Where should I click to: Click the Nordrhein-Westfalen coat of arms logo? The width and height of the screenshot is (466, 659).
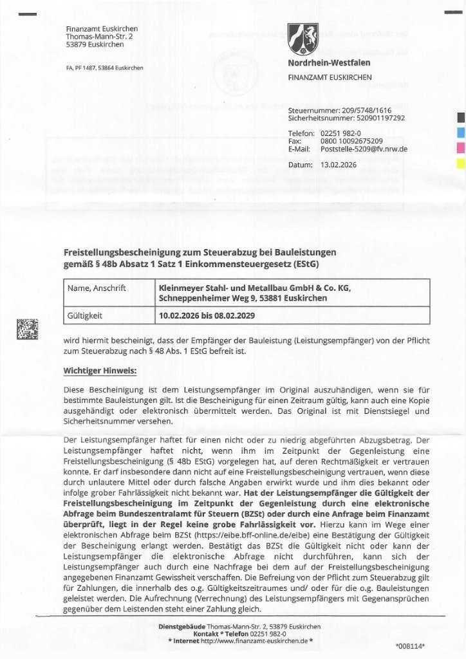pyautogui.click(x=303, y=38)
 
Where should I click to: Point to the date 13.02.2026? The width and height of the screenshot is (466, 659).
pyautogui.click(x=338, y=165)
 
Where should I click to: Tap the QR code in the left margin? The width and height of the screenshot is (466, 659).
pyautogui.click(x=27, y=329)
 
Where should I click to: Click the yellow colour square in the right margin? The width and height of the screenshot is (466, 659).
pyautogui.click(x=460, y=162)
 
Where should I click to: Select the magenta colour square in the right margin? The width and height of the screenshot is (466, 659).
pyautogui.click(x=460, y=147)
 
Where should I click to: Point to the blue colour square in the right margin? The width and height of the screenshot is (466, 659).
pyautogui.click(x=460, y=133)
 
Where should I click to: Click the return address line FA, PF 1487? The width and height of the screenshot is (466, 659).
pyautogui.click(x=104, y=68)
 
